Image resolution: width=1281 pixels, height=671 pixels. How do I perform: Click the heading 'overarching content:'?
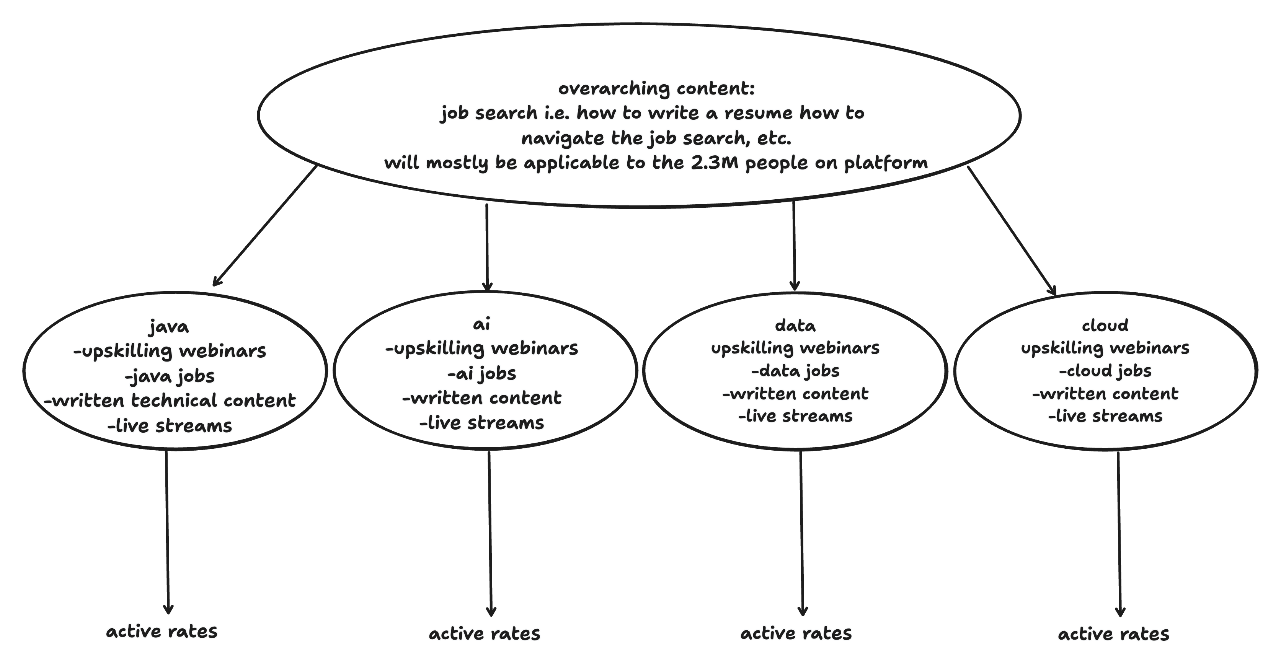tap(656, 89)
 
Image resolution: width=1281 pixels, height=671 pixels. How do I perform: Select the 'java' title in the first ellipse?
tap(169, 327)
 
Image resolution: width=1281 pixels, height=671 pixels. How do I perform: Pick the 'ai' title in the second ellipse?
tap(481, 324)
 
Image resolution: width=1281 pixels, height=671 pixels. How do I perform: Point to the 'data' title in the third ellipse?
tap(795, 326)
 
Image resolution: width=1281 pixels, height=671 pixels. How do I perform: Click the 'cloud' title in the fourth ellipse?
tap(1105, 326)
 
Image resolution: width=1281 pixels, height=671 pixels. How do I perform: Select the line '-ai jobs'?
tap(482, 373)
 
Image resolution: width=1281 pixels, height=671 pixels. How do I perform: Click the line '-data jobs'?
tap(795, 371)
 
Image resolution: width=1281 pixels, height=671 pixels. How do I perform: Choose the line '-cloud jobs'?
tap(1105, 371)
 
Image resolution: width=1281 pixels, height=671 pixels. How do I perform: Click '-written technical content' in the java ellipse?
tap(170, 401)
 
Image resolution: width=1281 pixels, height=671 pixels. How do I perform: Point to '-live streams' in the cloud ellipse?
tap(1105, 416)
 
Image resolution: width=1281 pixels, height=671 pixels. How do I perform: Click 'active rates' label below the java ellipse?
tap(162, 632)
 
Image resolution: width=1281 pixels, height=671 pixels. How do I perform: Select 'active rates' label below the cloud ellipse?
tap(1113, 634)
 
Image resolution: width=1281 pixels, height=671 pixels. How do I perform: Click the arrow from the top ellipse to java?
tap(265, 226)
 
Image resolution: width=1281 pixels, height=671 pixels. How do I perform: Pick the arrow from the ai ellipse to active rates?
tap(490, 532)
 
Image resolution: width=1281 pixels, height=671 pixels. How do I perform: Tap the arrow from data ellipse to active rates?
tap(801, 532)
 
